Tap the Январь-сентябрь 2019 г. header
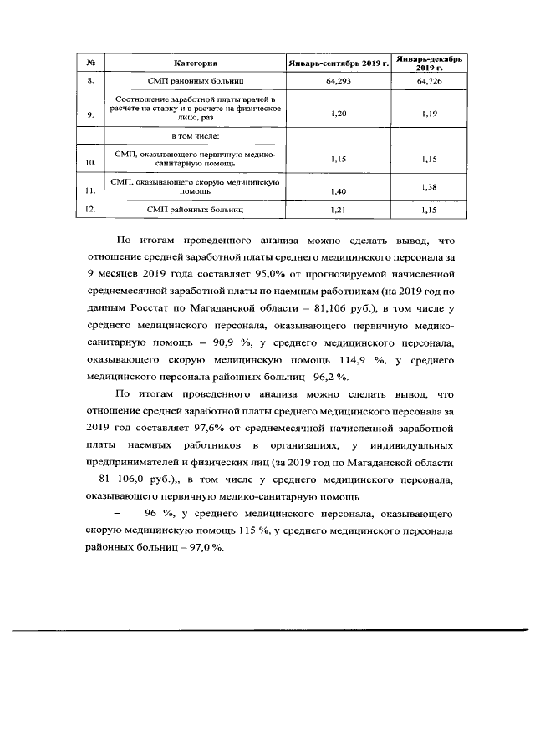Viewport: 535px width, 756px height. (339, 63)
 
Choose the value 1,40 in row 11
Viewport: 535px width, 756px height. (339, 191)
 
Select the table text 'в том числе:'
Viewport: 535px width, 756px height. (196, 135)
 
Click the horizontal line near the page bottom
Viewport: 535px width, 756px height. (267, 629)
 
